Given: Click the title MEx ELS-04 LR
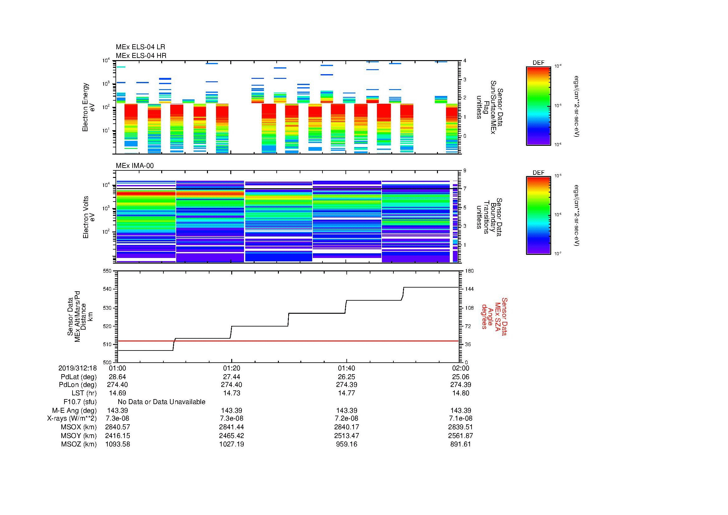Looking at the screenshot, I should pos(140,47).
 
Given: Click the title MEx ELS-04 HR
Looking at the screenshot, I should pos(141,55).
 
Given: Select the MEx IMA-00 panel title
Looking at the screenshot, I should pos(135,166).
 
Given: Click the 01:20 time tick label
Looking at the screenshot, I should pos(232,368).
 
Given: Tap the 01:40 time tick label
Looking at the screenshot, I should pos(346,368).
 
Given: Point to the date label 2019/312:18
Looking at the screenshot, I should pos(77,368).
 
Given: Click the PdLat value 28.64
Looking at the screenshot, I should pos(117,377).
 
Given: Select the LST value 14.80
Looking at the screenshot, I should pos(460,393).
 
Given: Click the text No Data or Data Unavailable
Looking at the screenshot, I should pos(162,402).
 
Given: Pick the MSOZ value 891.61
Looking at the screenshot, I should pos(460,444).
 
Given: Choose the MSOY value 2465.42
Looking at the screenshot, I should pos(232,436).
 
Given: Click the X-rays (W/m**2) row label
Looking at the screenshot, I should pos(72,418).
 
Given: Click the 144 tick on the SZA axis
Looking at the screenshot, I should pos(469,289).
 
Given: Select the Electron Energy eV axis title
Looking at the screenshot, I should pos(88,107).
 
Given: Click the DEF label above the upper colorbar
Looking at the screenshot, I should pos(538,63).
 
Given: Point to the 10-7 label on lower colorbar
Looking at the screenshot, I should pos(557,254).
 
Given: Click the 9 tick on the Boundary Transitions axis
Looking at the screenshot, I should pos(465,171).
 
